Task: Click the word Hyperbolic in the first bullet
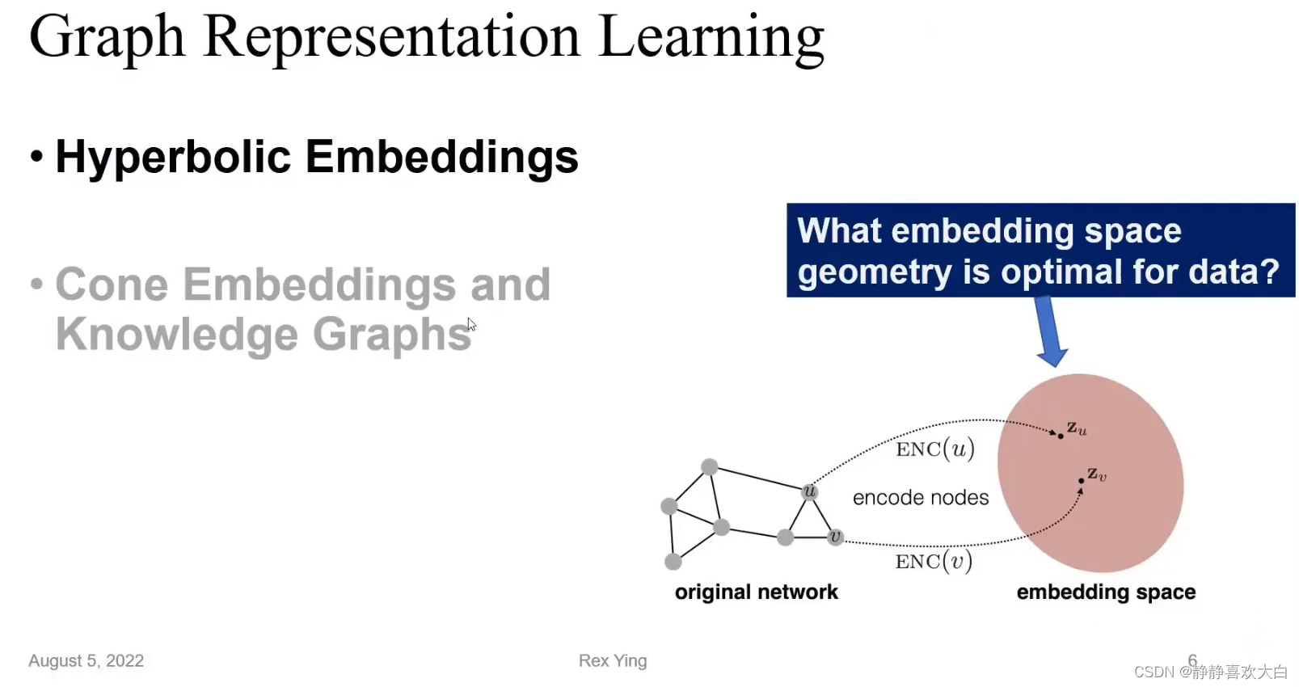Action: click(173, 158)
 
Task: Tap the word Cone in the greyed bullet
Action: click(112, 284)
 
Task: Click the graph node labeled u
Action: click(810, 492)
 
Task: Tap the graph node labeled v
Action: click(835, 537)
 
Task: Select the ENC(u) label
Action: click(934, 449)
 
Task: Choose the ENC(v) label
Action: click(934, 561)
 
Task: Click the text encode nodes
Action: click(921, 497)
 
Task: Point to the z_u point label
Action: click(1077, 428)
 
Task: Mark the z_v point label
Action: click(1097, 474)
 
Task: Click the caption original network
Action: click(757, 592)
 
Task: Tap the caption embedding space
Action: click(1106, 592)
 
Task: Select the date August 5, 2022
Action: click(86, 661)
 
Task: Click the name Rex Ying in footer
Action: click(613, 661)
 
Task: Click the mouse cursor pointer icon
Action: click(471, 325)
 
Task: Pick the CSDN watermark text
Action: click(1211, 672)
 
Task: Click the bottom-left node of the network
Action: click(673, 561)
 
